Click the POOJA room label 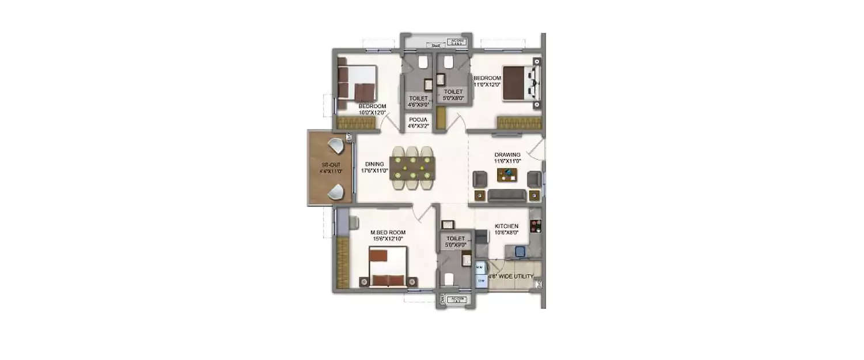[418, 122]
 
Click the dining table [411, 168]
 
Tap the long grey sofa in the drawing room [507, 196]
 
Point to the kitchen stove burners [536, 226]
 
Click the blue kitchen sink [520, 251]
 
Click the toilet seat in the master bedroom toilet [449, 279]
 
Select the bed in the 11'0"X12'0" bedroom [521, 84]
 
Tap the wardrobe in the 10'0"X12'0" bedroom [356, 123]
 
